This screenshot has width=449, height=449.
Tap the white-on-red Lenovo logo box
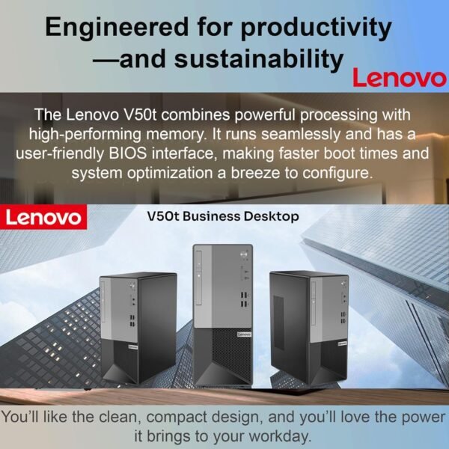click(x=44, y=217)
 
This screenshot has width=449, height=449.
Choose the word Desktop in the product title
click(x=273, y=216)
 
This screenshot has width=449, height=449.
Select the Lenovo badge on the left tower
click(x=133, y=348)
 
